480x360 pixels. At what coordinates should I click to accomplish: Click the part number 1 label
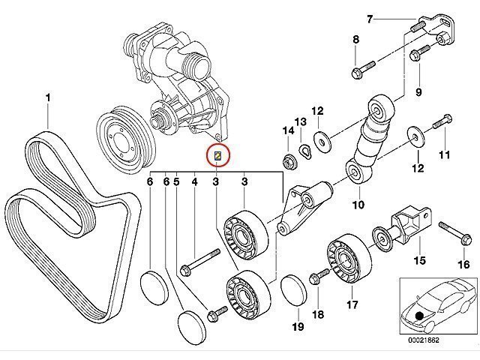pyautogui.click(x=49, y=97)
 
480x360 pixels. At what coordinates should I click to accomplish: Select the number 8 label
pyautogui.click(x=355, y=40)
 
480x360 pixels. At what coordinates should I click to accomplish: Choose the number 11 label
pyautogui.click(x=443, y=156)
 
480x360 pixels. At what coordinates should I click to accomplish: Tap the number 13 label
pyautogui.click(x=301, y=122)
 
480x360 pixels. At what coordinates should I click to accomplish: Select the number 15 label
pyautogui.click(x=420, y=260)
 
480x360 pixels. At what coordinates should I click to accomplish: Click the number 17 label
pyautogui.click(x=352, y=305)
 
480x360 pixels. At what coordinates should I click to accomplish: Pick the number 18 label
pyautogui.click(x=318, y=314)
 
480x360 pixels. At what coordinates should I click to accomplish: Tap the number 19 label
pyautogui.click(x=296, y=326)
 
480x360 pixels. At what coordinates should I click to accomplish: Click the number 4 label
pyautogui.click(x=194, y=181)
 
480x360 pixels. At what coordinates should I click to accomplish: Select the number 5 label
pyautogui.click(x=177, y=181)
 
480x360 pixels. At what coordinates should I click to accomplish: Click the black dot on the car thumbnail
pyautogui.click(x=418, y=314)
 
